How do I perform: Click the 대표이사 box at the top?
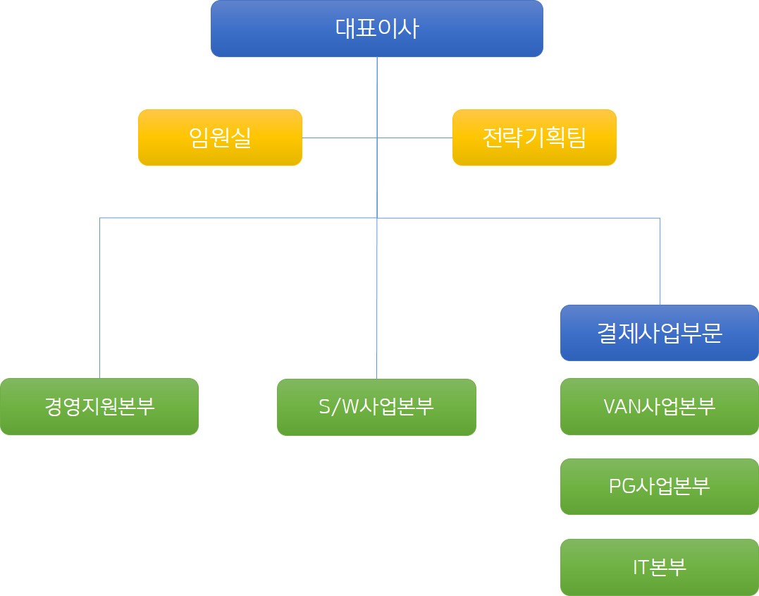point(376,28)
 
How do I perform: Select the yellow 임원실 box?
point(220,138)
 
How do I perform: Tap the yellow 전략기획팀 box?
point(534,138)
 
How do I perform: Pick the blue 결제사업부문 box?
point(659,333)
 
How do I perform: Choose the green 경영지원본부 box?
point(99,406)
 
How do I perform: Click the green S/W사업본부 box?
point(376,407)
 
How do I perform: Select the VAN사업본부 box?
point(659,406)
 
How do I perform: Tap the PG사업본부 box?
point(659,487)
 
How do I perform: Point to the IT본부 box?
point(659,567)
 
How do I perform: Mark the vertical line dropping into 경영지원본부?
point(99,296)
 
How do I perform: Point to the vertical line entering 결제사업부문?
point(660,261)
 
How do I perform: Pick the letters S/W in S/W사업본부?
point(338,407)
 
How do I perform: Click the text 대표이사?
point(376,28)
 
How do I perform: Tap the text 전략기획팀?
point(534,138)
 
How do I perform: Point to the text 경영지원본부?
point(99,406)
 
